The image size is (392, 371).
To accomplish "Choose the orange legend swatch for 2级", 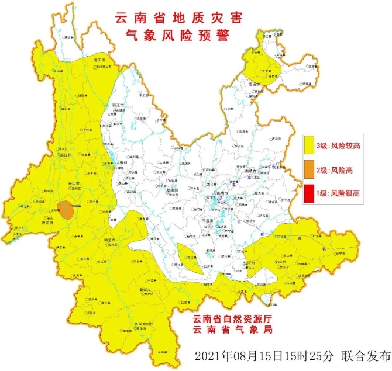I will tap(310, 169).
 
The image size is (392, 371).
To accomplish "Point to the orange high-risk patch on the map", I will tap(69, 209).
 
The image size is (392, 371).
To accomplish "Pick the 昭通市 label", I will tap(255, 84).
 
